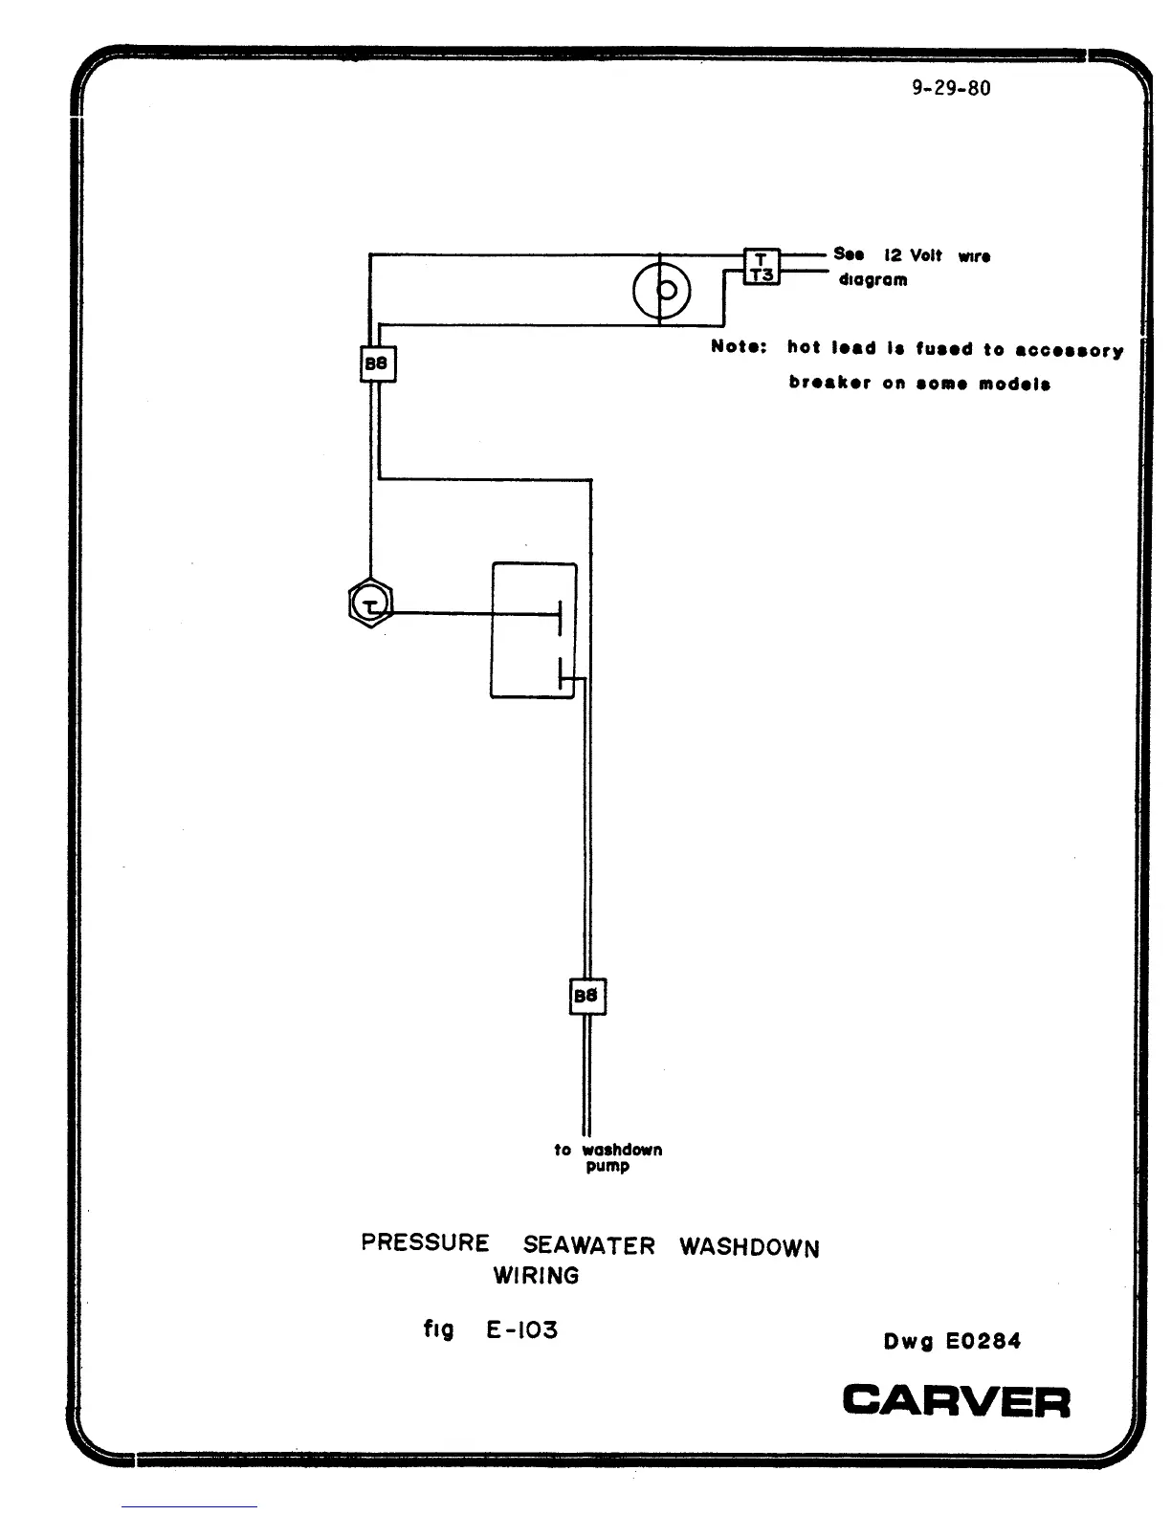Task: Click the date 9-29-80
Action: (x=951, y=89)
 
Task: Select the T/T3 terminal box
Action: (x=762, y=267)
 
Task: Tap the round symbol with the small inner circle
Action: (x=661, y=290)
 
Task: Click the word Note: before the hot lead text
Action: (x=739, y=346)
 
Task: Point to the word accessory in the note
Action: (x=1069, y=350)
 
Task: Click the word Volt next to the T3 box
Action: (x=925, y=255)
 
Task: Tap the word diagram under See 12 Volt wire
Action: (x=873, y=280)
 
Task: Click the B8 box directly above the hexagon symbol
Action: (x=377, y=363)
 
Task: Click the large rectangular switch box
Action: (x=534, y=630)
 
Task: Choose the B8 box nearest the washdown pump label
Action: (x=586, y=997)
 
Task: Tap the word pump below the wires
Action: (x=608, y=1167)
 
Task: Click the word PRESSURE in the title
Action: (x=425, y=1242)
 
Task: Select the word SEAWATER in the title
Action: (x=589, y=1245)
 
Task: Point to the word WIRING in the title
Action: (x=536, y=1275)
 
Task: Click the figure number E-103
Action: (x=521, y=1329)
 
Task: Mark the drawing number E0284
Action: (x=983, y=1341)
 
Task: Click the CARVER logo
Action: (x=956, y=1402)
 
